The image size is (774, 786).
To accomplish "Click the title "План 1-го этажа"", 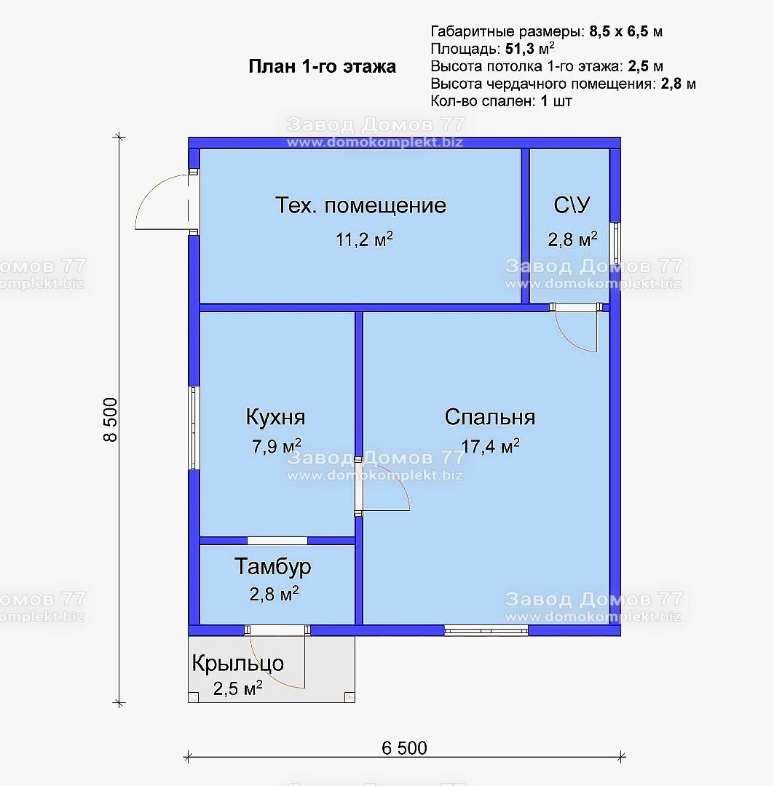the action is [x=322, y=66].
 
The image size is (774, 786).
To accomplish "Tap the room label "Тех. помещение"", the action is [x=360, y=205].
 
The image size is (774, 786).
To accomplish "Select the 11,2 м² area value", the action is [x=363, y=239].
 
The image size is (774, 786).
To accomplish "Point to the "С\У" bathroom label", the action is [x=572, y=205].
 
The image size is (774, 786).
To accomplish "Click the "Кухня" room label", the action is [x=275, y=418].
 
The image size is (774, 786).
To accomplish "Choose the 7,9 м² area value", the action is [x=277, y=445].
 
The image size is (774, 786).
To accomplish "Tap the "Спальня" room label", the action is [x=489, y=418].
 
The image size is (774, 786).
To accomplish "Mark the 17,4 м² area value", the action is [x=490, y=445].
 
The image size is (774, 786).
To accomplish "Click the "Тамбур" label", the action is [x=272, y=567].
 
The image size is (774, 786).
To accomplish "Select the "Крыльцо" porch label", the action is [x=238, y=664].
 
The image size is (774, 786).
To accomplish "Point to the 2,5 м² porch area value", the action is [x=238, y=688].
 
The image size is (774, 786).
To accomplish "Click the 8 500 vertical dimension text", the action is [x=110, y=420].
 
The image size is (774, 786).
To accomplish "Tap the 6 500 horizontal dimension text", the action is [x=404, y=748].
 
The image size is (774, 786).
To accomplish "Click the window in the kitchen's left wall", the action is [x=194, y=428].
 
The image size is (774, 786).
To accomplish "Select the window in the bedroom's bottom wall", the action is [x=486, y=630].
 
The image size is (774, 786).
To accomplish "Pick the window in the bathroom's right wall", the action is [x=615, y=242].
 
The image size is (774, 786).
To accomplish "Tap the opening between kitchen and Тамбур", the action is [x=277, y=540].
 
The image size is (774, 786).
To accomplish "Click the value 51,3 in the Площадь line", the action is [x=520, y=49].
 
